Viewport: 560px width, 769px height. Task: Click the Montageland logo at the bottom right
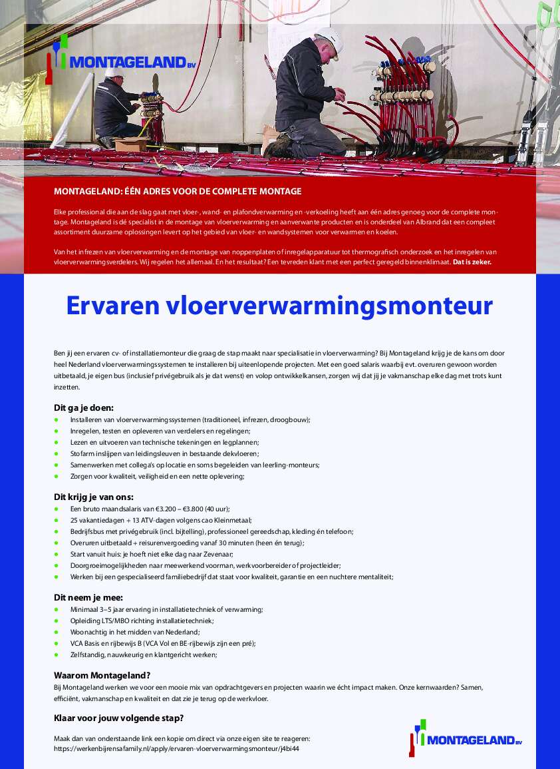(x=466, y=738)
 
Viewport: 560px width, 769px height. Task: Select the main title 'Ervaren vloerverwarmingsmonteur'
(x=279, y=306)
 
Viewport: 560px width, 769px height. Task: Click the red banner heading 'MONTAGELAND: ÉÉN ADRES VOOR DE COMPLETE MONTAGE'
(x=178, y=192)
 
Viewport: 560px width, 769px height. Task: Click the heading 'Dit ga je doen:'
(x=84, y=407)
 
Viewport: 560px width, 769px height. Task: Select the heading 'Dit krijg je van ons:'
(x=94, y=497)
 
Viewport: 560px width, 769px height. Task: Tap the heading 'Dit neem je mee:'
(x=88, y=597)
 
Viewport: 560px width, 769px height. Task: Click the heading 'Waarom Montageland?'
(x=102, y=674)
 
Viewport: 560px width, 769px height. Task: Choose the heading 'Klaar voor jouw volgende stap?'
(x=118, y=718)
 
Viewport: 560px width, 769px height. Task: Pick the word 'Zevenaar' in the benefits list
(x=217, y=554)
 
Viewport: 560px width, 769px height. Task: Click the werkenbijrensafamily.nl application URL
(x=176, y=748)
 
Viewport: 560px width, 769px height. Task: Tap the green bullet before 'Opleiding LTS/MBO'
(x=57, y=621)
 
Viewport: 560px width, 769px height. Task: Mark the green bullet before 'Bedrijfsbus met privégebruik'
(x=57, y=531)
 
